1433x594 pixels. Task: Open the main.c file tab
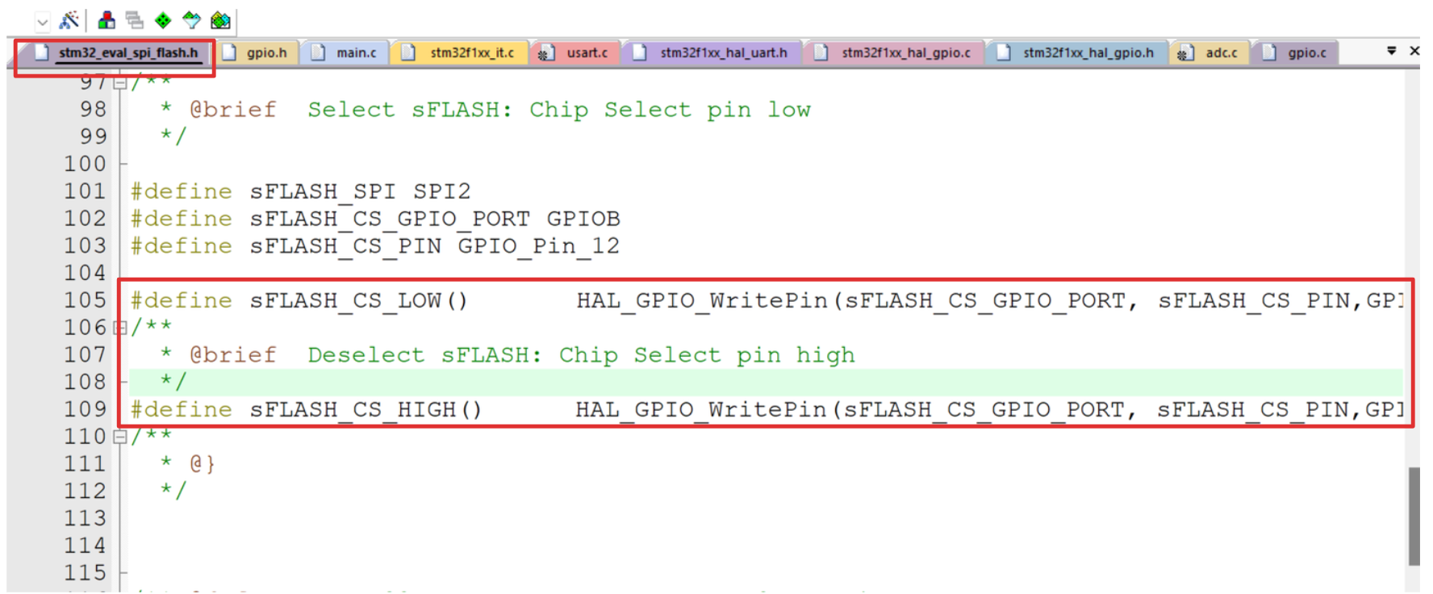[x=356, y=52]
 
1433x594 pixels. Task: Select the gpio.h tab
[x=266, y=52]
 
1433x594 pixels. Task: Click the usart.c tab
[x=587, y=52]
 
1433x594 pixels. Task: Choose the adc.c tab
[x=1221, y=52]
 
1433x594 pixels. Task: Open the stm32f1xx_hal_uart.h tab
[x=723, y=52]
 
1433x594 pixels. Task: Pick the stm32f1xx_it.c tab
[x=471, y=52]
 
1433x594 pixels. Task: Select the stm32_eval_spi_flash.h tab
[x=127, y=52]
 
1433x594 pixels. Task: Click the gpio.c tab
[x=1306, y=52]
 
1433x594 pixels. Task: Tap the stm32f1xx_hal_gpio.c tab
[x=905, y=52]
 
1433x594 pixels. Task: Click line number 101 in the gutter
[x=85, y=191]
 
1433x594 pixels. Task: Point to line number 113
[x=85, y=518]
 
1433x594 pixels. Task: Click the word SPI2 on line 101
[x=441, y=191]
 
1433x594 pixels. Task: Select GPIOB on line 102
[x=583, y=219]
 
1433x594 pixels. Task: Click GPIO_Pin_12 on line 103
[x=538, y=246]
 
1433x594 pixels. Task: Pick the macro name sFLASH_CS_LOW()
[x=358, y=301]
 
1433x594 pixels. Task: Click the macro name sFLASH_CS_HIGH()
[x=366, y=410]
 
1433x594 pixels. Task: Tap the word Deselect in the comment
[x=366, y=355]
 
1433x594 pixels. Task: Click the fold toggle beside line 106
[x=120, y=328]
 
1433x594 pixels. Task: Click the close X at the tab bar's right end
[x=1414, y=51]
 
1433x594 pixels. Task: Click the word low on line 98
[x=788, y=110]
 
